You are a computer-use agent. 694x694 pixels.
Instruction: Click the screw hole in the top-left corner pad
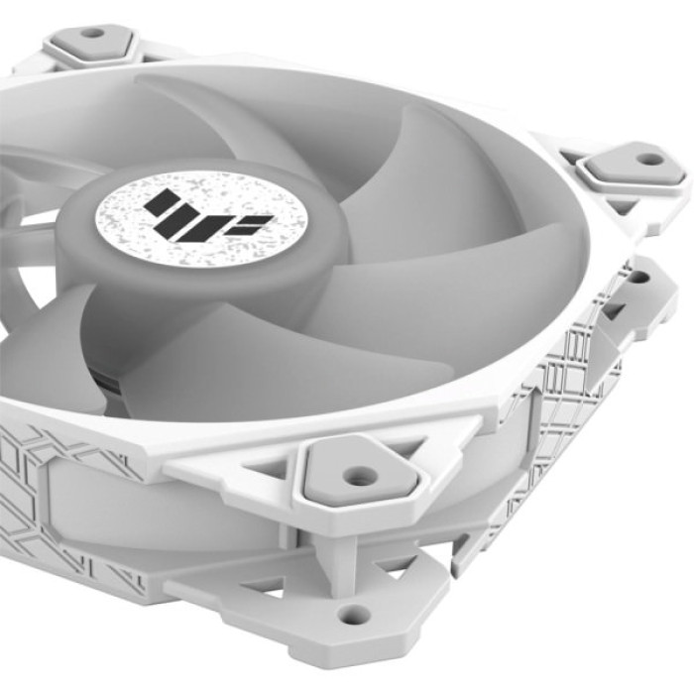[92, 34]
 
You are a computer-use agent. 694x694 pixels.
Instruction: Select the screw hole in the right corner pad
[646, 158]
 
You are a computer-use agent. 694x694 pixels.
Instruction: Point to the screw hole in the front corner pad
[363, 476]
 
